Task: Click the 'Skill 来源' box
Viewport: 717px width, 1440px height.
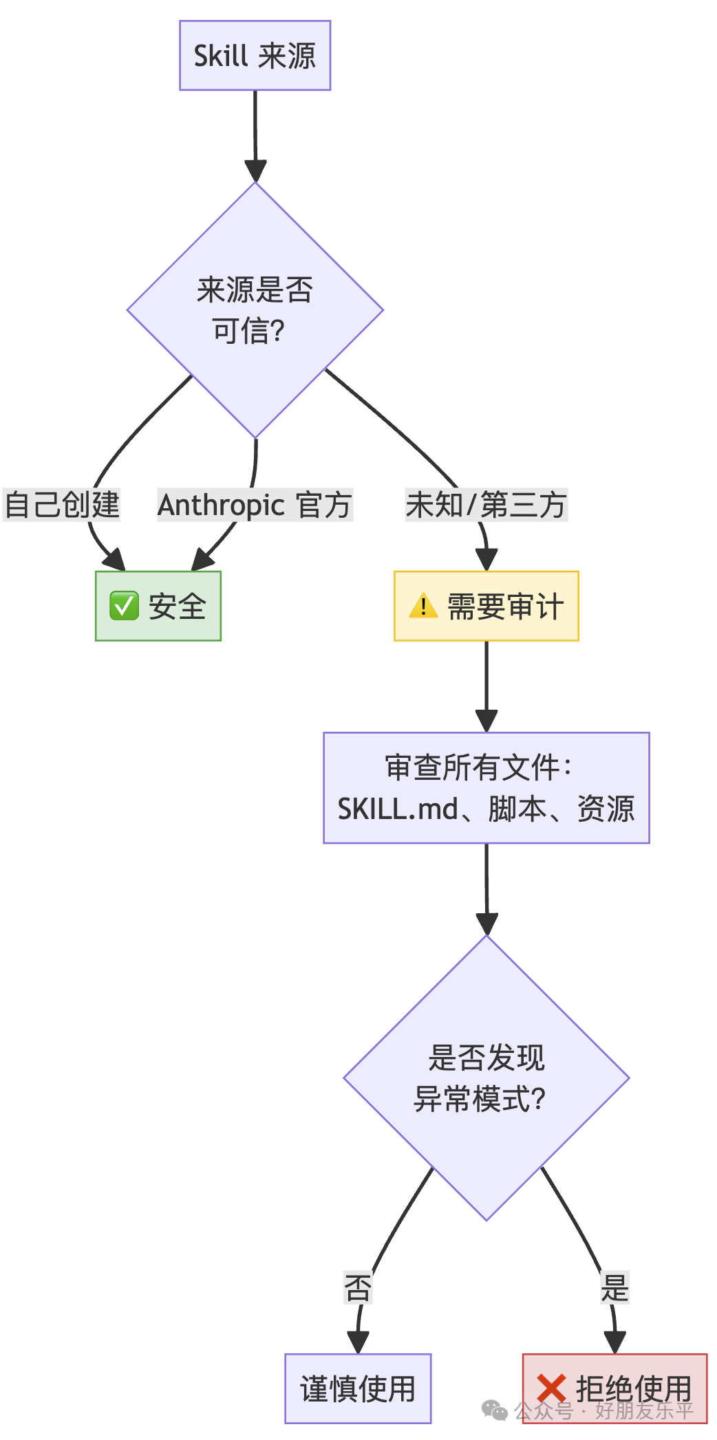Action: pos(255,56)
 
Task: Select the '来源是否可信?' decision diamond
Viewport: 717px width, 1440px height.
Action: pos(255,310)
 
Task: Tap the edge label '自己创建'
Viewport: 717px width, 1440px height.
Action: pos(62,505)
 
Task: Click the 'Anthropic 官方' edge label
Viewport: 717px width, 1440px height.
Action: pos(255,505)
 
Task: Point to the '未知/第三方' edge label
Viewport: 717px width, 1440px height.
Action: pos(486,505)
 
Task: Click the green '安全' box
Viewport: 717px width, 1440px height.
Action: pos(158,606)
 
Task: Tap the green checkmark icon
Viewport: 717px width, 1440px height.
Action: pos(125,606)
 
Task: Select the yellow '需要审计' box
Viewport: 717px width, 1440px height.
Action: pos(486,606)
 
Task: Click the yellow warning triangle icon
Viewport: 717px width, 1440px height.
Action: pos(423,606)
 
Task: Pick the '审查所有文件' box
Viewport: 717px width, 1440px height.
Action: pos(486,787)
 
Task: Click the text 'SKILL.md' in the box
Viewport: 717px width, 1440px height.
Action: pos(398,809)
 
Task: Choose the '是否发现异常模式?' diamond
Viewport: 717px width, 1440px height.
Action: pos(486,1078)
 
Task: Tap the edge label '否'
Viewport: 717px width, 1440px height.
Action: pos(358,1287)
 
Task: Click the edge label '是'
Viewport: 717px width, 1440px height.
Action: pos(614,1287)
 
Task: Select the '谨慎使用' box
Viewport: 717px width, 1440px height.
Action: pos(358,1388)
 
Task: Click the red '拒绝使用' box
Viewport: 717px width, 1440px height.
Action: pos(614,1388)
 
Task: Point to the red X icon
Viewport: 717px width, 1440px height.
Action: pos(552,1388)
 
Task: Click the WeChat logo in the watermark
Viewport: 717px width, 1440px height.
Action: pos(495,1410)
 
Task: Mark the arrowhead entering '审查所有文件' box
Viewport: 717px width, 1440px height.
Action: pos(486,721)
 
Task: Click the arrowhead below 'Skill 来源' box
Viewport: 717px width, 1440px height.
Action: pos(255,171)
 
